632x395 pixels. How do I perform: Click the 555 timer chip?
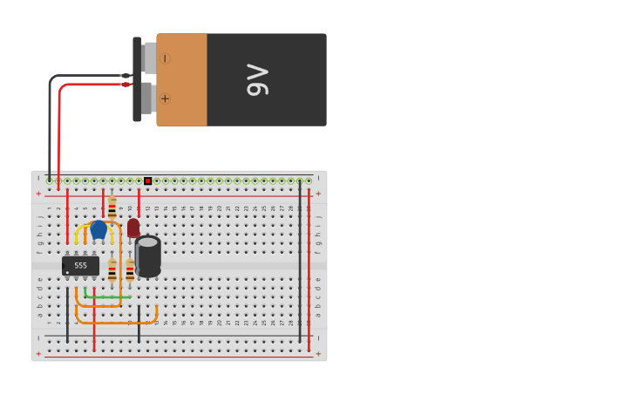(x=80, y=265)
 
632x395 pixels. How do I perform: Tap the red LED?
(x=133, y=228)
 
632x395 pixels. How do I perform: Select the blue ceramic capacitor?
(x=99, y=229)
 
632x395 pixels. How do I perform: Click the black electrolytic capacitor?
(x=148, y=256)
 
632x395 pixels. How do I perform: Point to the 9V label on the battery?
(x=258, y=79)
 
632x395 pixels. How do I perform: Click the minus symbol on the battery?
(x=165, y=58)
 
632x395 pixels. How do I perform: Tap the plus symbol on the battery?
(x=165, y=99)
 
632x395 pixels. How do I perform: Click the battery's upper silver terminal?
(x=149, y=58)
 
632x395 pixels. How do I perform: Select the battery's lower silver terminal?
(x=147, y=99)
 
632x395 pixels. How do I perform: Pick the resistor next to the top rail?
(x=112, y=207)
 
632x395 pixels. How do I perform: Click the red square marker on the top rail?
(x=147, y=181)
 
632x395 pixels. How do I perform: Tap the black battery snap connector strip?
(x=137, y=79)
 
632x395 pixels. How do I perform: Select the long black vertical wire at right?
(x=300, y=262)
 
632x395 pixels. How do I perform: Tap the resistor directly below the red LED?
(x=130, y=269)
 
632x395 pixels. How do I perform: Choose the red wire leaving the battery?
(x=58, y=131)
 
